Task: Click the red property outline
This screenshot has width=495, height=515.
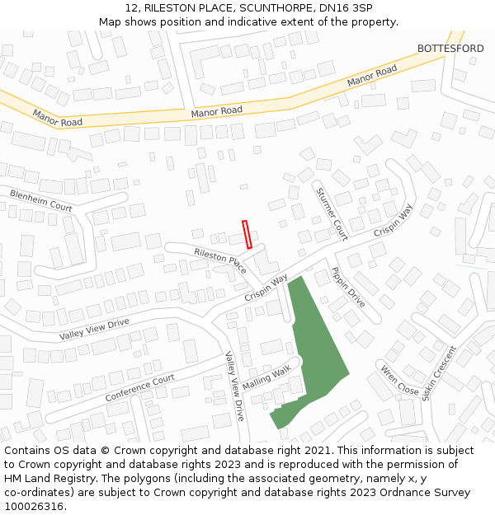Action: [247, 234]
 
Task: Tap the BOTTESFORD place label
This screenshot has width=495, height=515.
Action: [450, 49]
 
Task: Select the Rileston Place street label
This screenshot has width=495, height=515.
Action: [220, 260]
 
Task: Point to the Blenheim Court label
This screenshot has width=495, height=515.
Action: [41, 200]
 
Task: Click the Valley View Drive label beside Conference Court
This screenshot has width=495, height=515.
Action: [235, 386]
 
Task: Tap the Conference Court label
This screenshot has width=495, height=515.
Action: [140, 388]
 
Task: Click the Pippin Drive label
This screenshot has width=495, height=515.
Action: [347, 287]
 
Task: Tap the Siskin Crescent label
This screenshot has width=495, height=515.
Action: [439, 372]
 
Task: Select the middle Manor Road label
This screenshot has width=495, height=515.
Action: [216, 110]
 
